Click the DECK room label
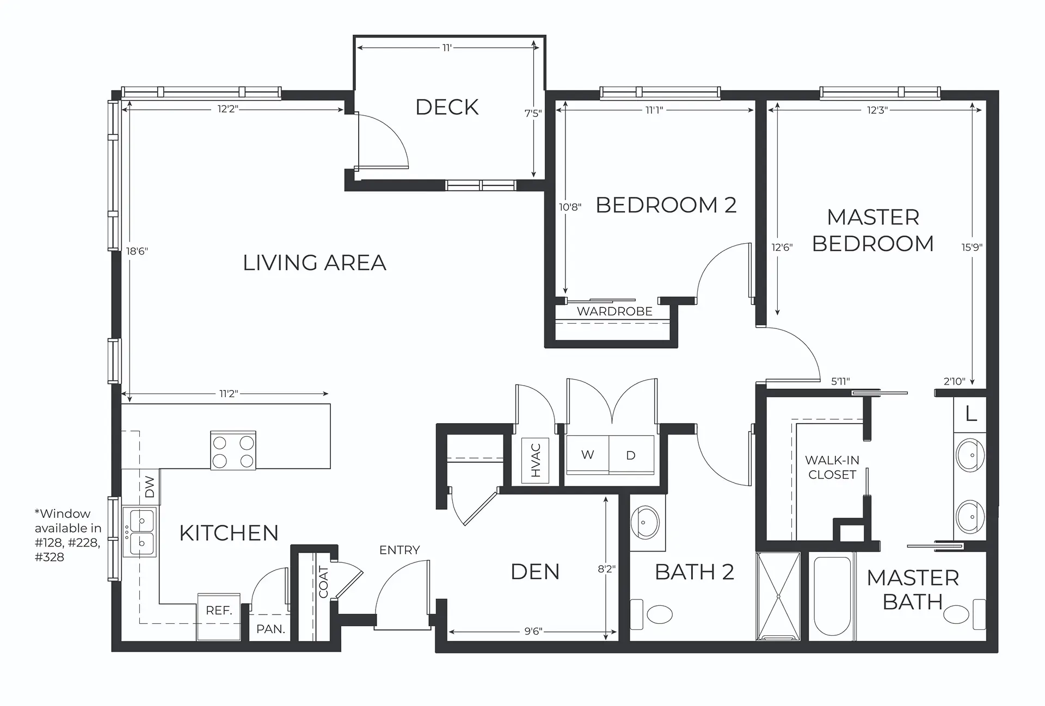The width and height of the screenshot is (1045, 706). pos(447,107)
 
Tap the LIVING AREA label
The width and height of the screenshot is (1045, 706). pos(315,263)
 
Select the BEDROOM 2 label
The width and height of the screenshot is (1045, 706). pos(666,205)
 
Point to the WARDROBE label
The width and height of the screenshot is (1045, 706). pos(614,312)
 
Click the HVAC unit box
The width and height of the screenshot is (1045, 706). pos(535,460)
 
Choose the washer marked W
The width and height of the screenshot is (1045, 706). pos(588,455)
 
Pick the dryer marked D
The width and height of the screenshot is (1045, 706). pos(631,455)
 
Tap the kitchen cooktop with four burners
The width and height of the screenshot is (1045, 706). pos(233,450)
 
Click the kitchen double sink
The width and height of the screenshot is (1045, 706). pos(139,532)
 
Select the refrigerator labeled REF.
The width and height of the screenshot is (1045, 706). pos(219,616)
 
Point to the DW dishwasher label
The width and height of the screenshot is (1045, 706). pos(150,487)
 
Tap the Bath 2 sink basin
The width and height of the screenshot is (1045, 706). pos(645,522)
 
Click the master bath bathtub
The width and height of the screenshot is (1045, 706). pos(832,597)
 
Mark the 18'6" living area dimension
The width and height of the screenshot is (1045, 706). pos(137,251)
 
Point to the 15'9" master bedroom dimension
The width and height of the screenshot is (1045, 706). pos(972,247)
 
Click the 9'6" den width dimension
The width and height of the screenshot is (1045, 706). pos(533,631)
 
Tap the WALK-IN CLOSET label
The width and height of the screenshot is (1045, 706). pos(832,467)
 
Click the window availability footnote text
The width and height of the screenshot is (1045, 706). pos(67,535)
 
